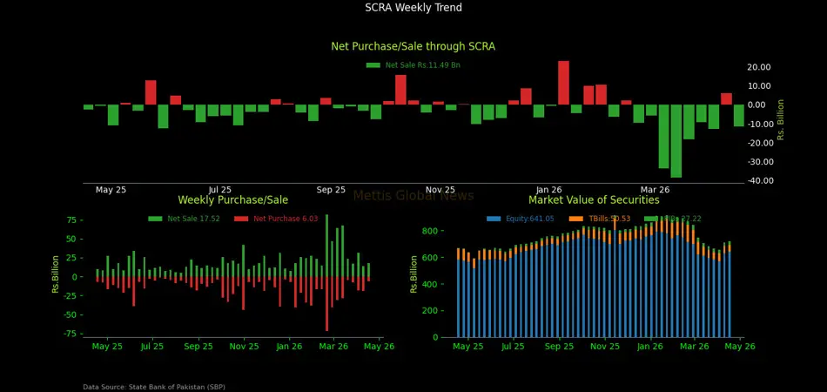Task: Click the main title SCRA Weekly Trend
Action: (x=413, y=8)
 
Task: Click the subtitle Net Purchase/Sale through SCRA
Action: (x=413, y=46)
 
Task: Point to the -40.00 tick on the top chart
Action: (x=758, y=181)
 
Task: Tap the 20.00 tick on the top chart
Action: (x=758, y=67)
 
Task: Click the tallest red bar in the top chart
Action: (x=563, y=83)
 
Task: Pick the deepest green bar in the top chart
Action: (x=676, y=141)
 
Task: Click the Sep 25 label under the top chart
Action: (x=331, y=190)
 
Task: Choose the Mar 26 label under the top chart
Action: (x=655, y=190)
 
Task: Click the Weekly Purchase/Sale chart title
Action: (x=232, y=200)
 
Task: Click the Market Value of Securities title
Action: (x=594, y=200)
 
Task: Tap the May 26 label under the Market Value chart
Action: (x=740, y=347)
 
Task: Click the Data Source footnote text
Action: (x=154, y=387)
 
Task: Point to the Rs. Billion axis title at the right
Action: (x=781, y=118)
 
